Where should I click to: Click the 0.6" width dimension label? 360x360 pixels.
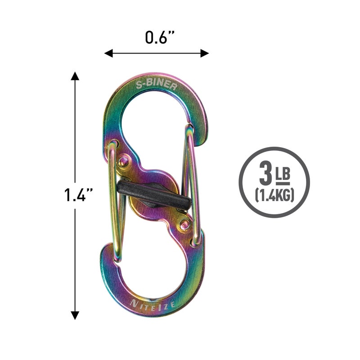160,37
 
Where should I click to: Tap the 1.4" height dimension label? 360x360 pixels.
78,195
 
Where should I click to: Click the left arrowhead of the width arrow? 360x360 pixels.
108,53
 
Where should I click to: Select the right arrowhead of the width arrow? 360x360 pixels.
205,53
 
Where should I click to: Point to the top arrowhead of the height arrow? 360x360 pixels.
75,76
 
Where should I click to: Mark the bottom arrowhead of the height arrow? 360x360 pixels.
75,315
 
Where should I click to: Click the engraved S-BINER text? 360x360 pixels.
157,84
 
